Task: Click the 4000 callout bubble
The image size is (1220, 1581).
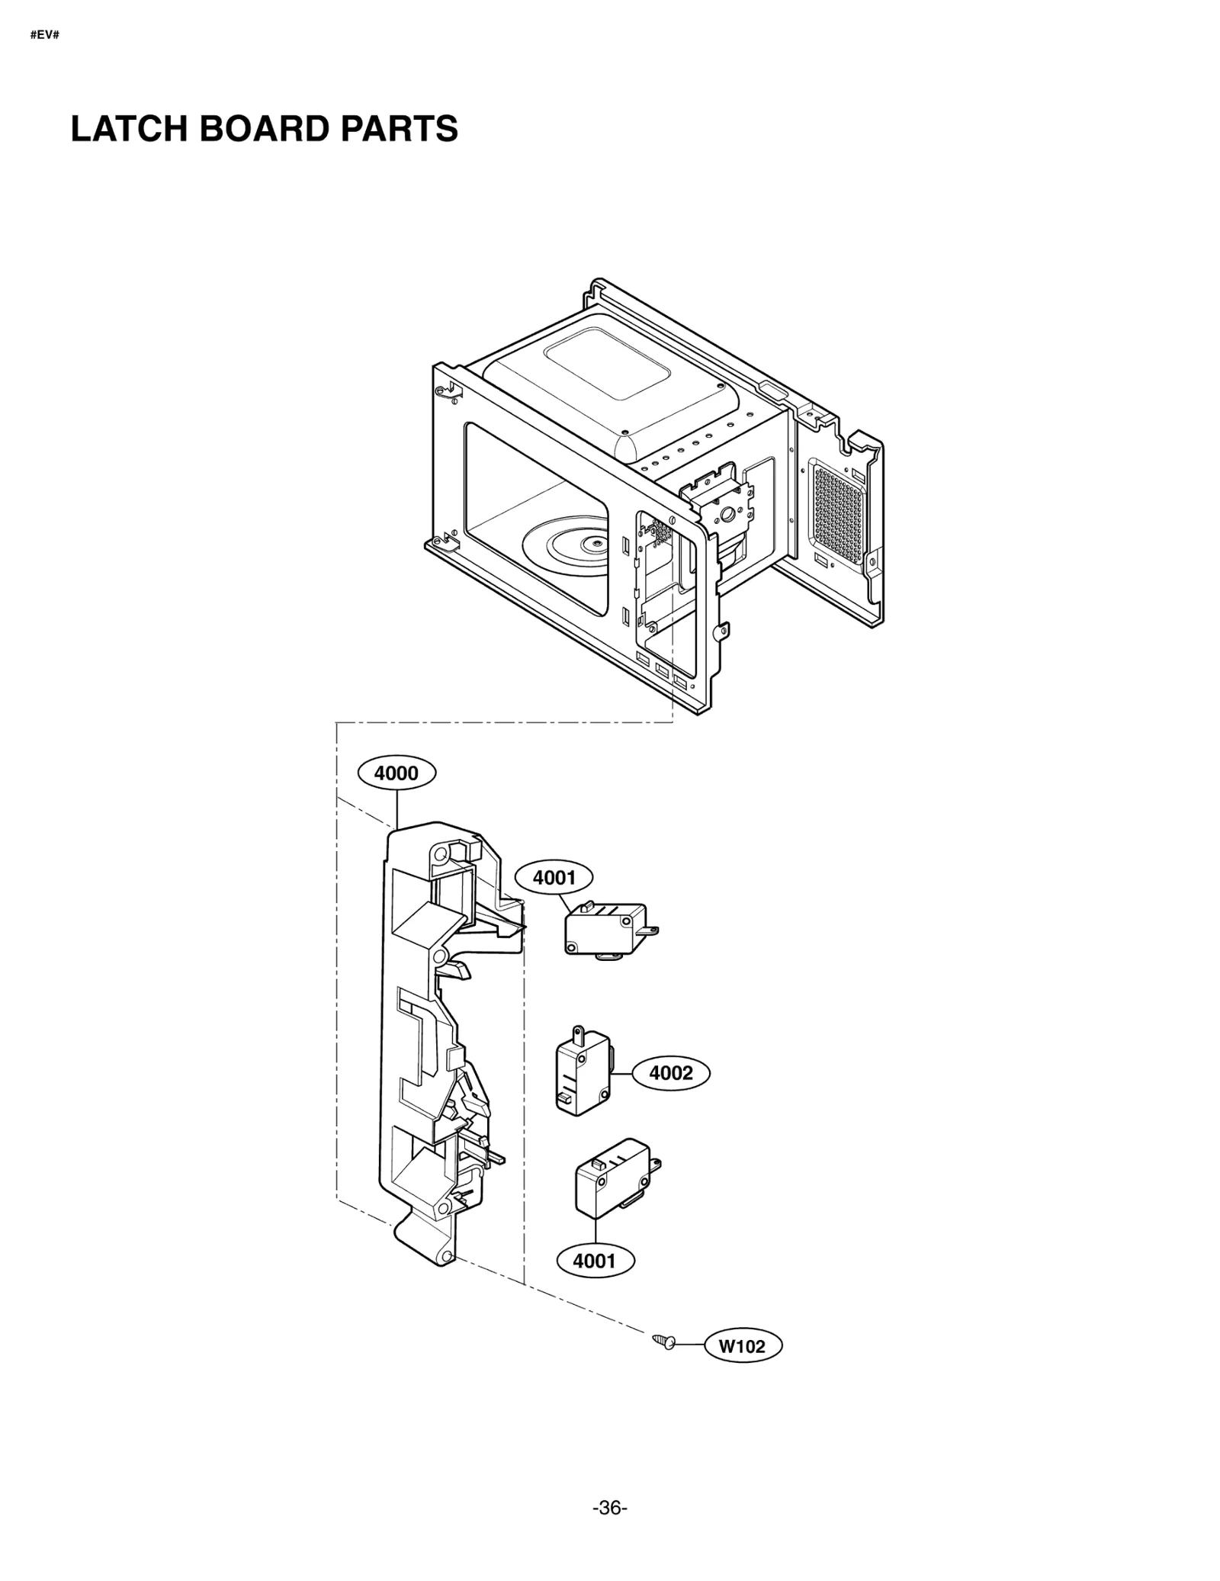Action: (396, 773)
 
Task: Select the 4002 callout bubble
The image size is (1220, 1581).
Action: (670, 1073)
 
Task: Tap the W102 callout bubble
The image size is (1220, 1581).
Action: (743, 1346)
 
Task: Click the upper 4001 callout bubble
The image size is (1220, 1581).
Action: (554, 878)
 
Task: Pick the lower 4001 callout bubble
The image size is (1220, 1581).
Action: (594, 1261)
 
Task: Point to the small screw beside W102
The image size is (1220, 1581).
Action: (663, 1342)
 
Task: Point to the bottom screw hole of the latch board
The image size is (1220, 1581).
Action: (447, 1257)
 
